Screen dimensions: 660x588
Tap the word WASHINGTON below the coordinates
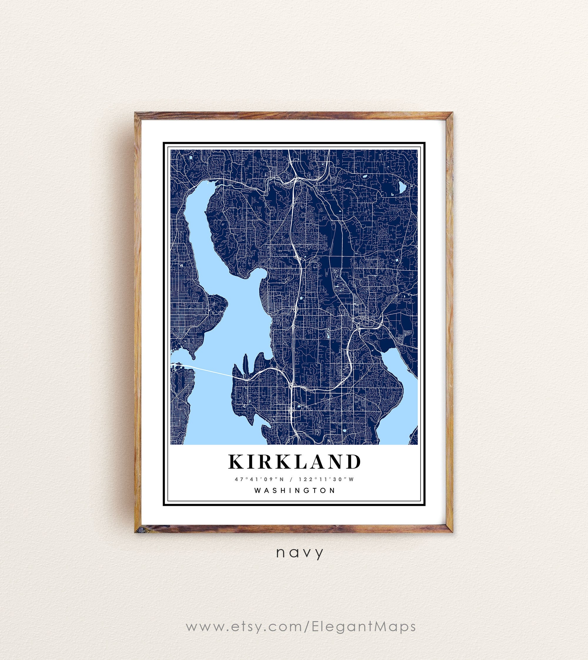[295, 490]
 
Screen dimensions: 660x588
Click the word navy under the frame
[300, 552]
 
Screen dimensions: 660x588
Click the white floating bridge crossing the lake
[207, 370]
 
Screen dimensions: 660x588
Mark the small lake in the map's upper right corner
[402, 187]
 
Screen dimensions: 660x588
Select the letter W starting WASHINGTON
[258, 490]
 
